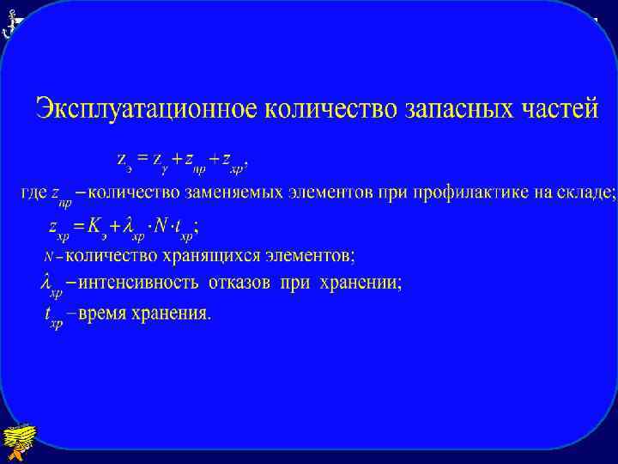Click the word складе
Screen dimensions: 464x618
tap(586, 192)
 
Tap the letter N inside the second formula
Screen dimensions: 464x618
tap(158, 226)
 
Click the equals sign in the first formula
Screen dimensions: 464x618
tap(142, 157)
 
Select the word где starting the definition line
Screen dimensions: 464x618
tap(33, 193)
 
